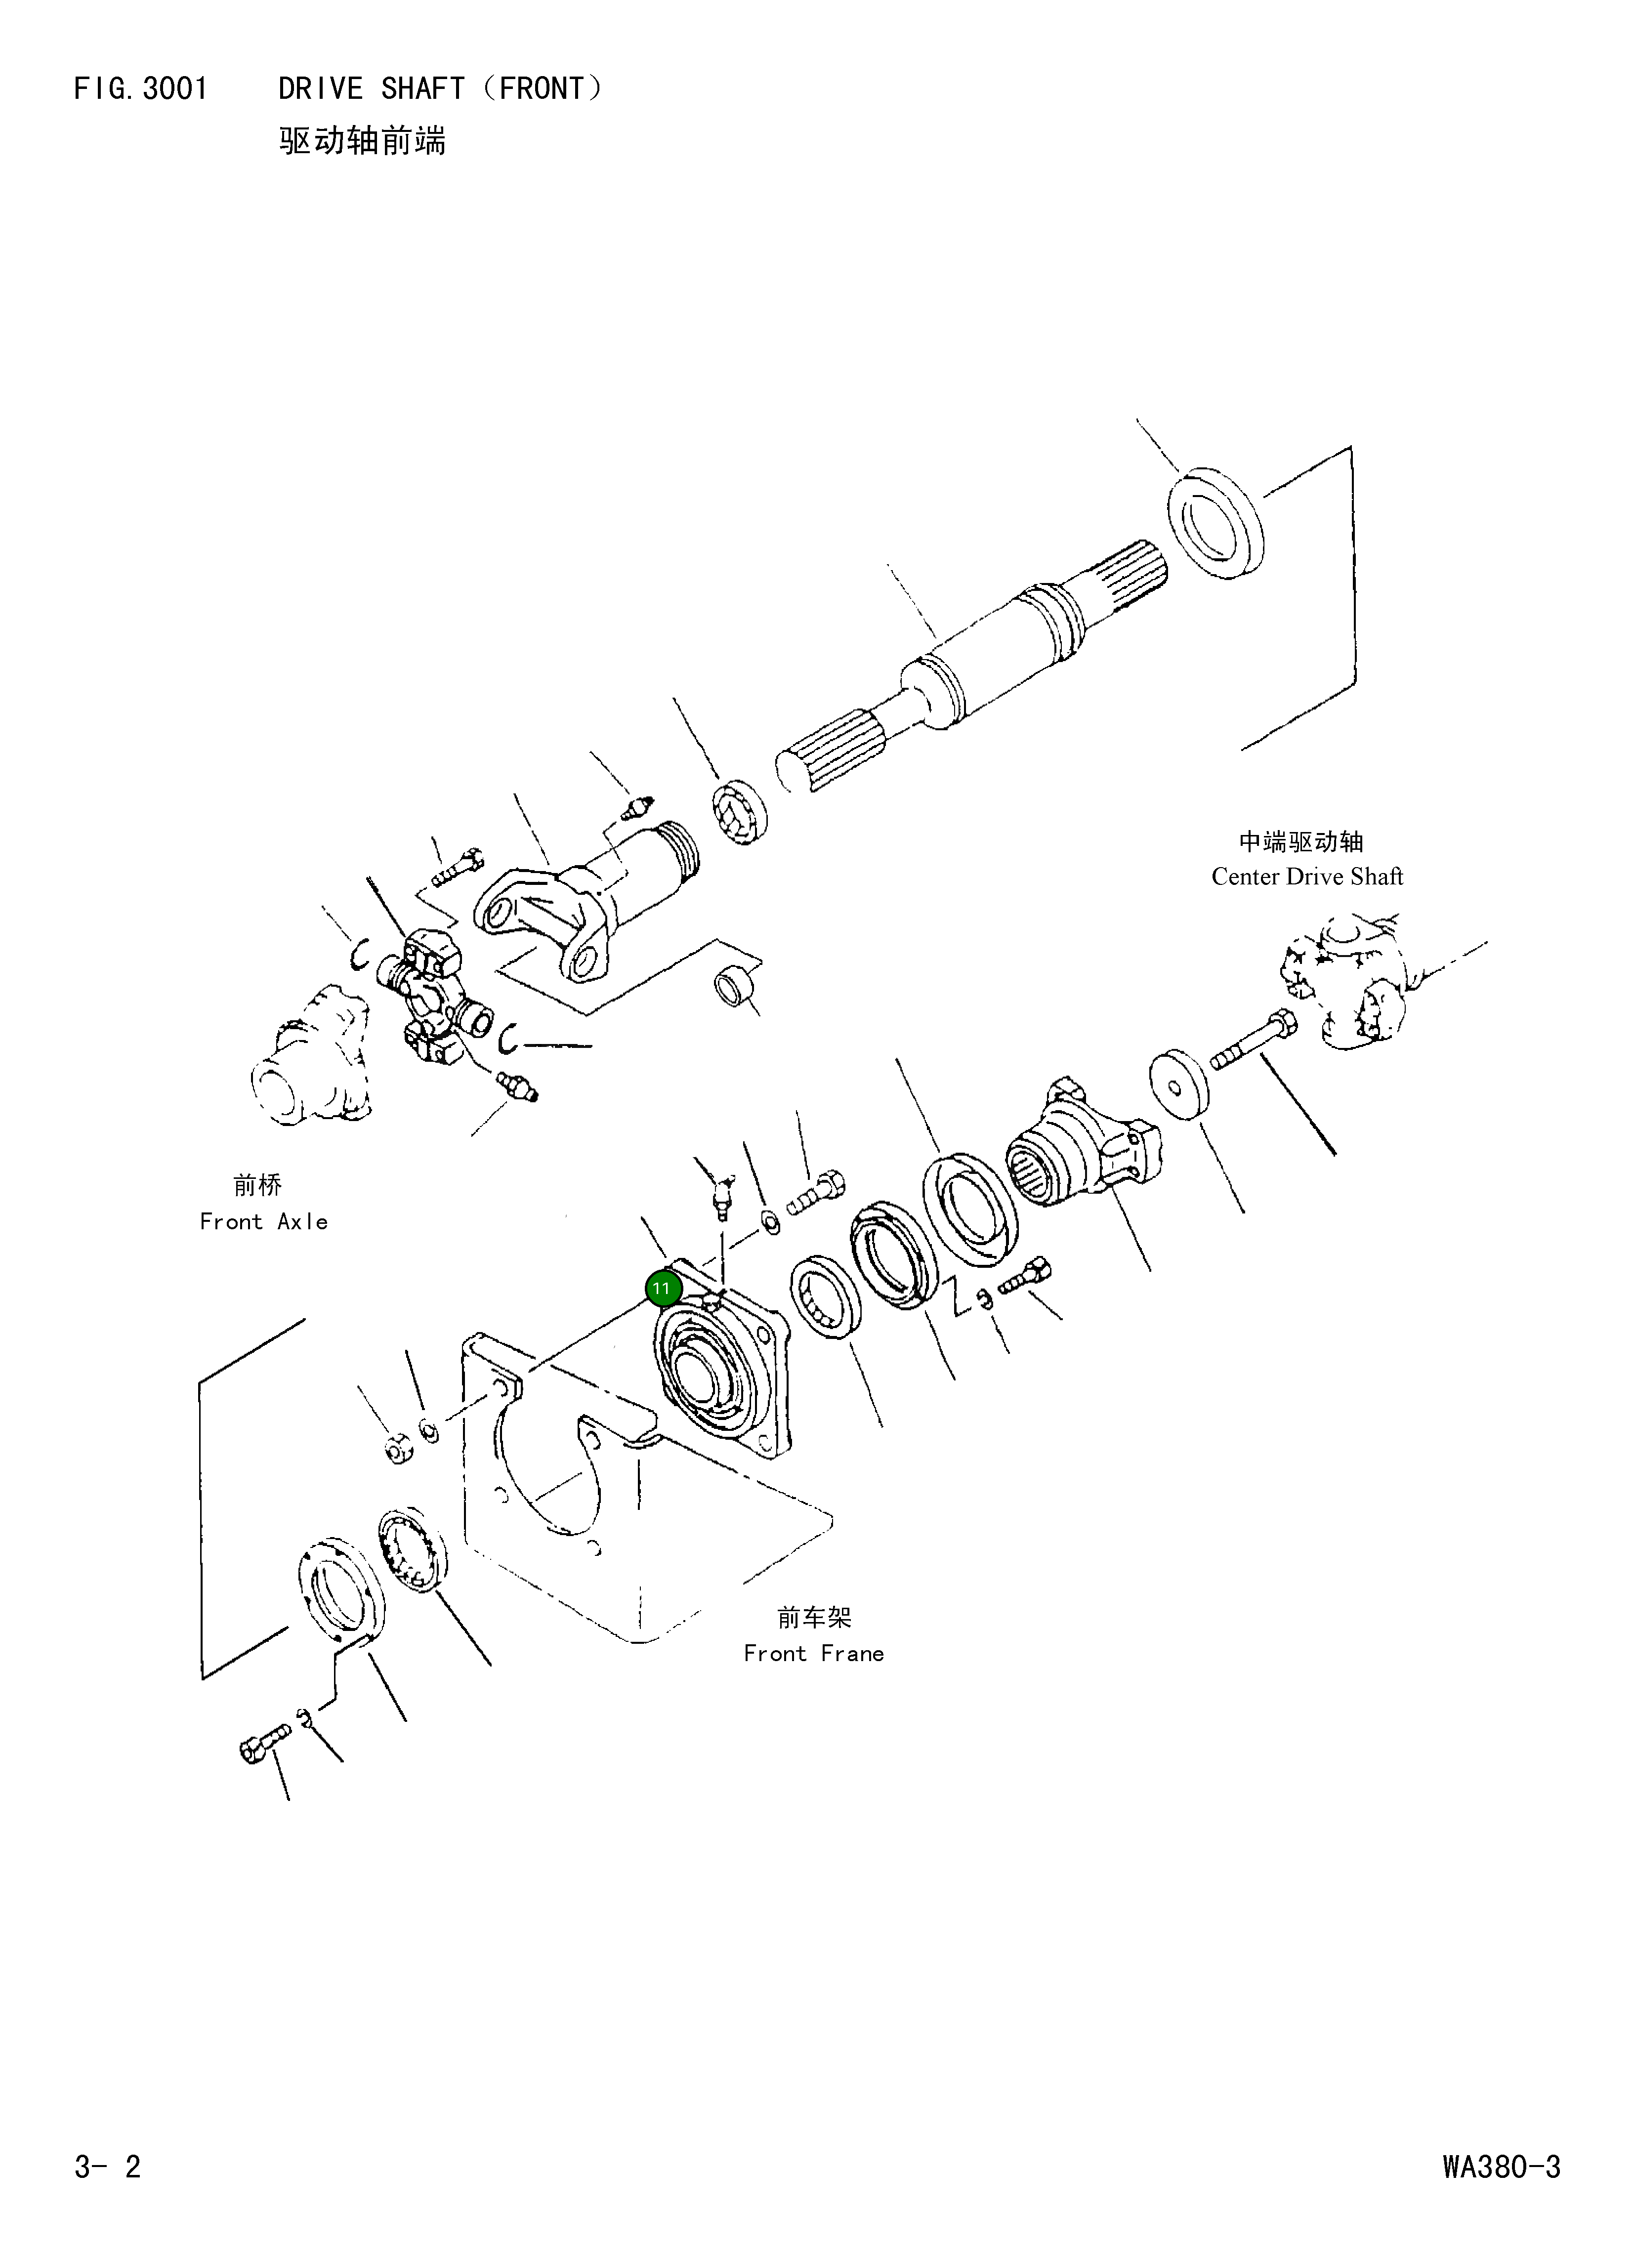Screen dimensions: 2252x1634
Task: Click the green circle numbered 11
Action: [x=662, y=1289]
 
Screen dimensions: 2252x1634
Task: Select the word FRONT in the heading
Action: [x=541, y=89]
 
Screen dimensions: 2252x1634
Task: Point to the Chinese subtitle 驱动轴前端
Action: [x=362, y=141]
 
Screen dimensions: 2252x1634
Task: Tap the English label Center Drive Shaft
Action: [x=1306, y=877]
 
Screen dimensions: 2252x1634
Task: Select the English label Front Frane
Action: [x=813, y=1653]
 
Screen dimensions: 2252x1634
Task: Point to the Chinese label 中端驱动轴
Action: [x=1300, y=842]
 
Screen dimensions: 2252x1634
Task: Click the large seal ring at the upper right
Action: [x=1215, y=523]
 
